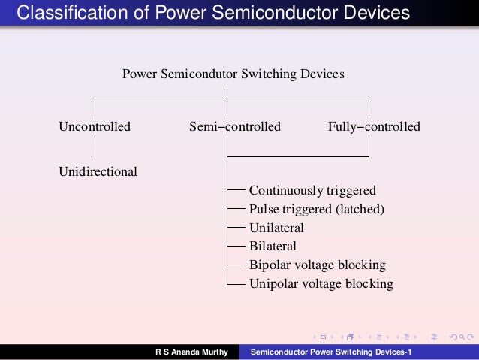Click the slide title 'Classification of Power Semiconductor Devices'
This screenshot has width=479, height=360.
214,14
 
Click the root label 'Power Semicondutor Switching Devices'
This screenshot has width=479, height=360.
233,74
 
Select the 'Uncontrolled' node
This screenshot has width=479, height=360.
95,126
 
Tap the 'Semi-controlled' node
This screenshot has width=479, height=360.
235,126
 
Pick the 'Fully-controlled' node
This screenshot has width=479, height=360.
374,126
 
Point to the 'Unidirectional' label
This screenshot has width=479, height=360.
98,171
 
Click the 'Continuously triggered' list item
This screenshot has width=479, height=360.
312,190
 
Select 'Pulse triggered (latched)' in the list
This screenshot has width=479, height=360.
317,209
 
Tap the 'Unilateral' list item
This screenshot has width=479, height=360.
276,228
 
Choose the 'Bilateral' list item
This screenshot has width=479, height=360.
273,246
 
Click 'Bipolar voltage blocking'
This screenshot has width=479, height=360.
317,265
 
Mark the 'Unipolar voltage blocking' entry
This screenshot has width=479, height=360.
321,283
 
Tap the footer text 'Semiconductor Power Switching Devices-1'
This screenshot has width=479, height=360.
331,352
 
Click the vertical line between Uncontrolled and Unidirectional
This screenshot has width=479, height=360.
92,149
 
